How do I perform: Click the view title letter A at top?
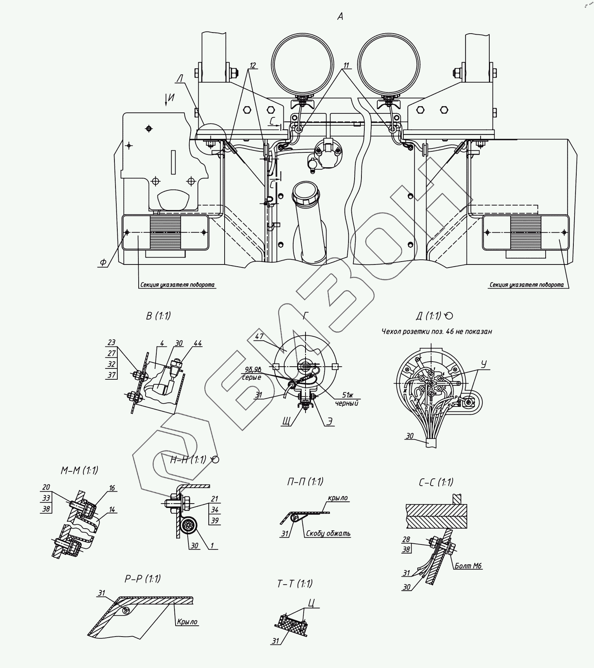340,16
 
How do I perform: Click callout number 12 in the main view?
252,65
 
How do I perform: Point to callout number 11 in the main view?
346,65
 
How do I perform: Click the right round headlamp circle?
389,64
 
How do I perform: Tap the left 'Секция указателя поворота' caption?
177,285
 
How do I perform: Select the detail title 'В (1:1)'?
158,316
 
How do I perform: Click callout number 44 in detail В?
197,342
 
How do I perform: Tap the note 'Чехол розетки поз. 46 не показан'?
437,331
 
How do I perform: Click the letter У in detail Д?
484,364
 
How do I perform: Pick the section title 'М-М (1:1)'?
79,471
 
